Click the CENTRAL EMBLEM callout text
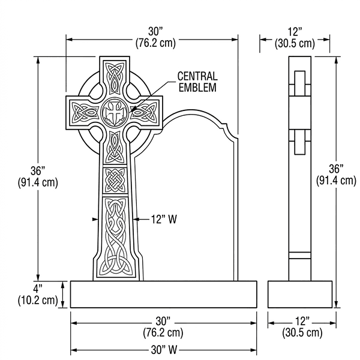pos(197,82)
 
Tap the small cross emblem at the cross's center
pos(114,112)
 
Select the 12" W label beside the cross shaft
pos(163,220)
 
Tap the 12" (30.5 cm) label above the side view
pos(295,37)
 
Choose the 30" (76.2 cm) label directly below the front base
pos(163,326)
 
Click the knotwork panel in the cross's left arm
pos(85,112)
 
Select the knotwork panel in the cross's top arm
pos(114,78)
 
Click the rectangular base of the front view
pos(164,294)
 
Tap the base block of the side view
pos(299,294)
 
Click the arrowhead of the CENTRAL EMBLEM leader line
pos(133,111)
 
